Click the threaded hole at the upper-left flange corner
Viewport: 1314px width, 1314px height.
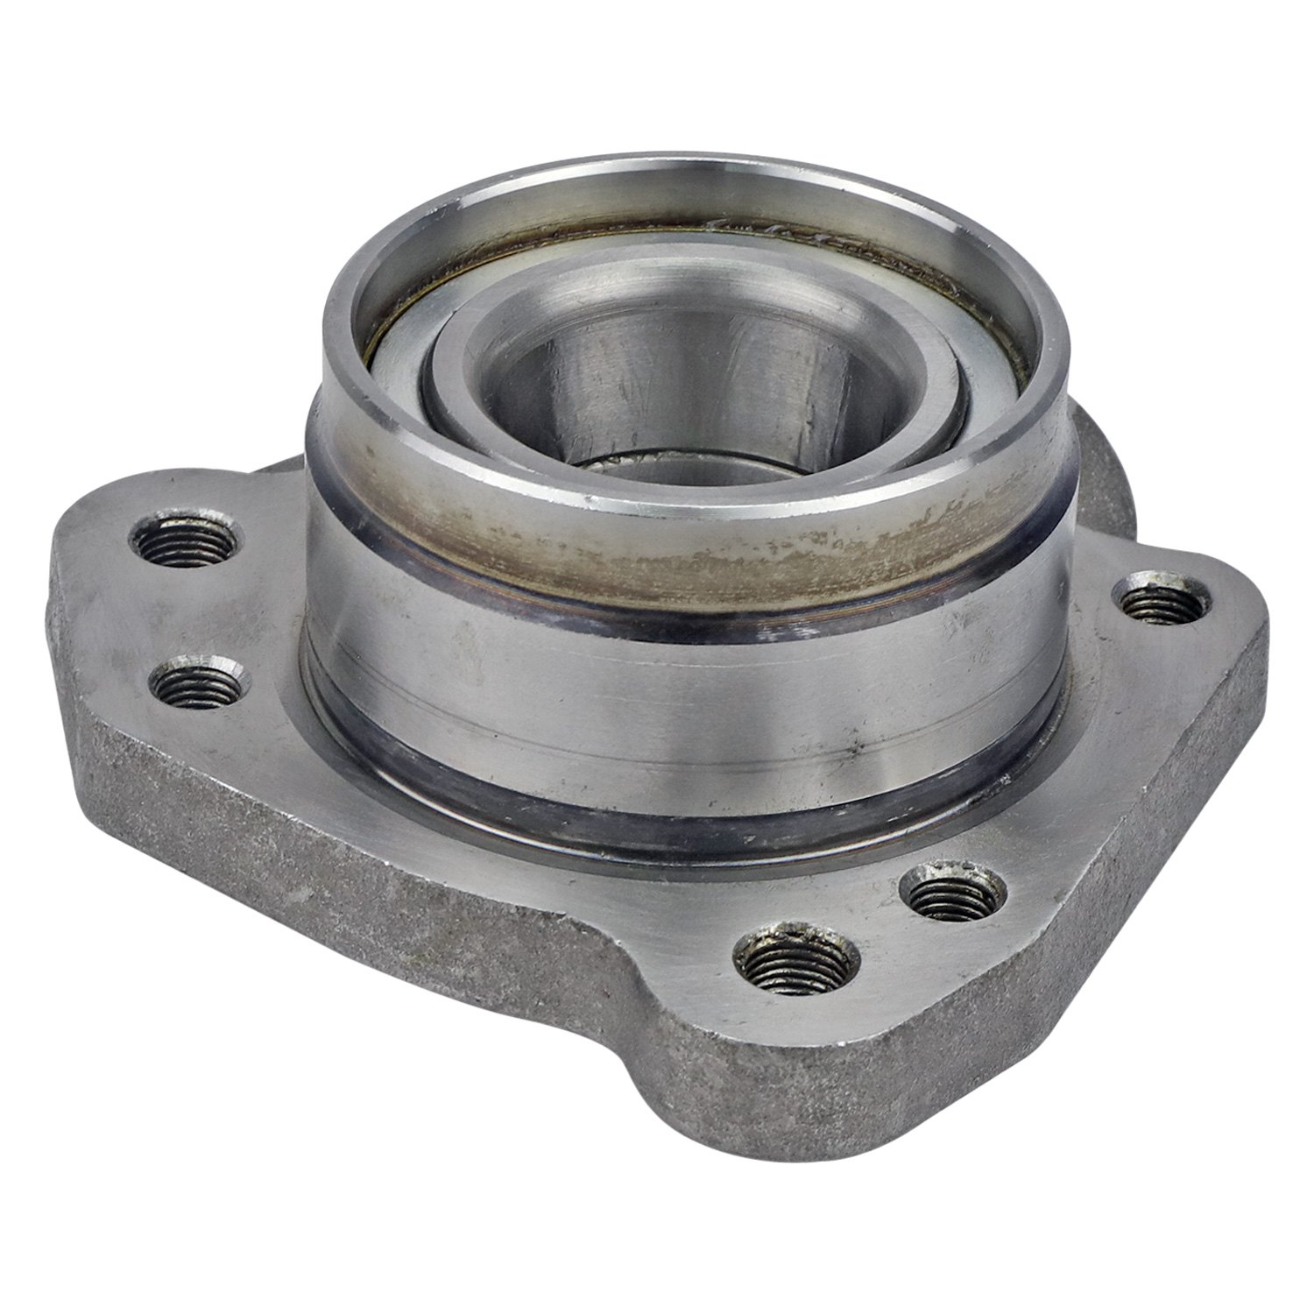pyautogui.click(x=186, y=541)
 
